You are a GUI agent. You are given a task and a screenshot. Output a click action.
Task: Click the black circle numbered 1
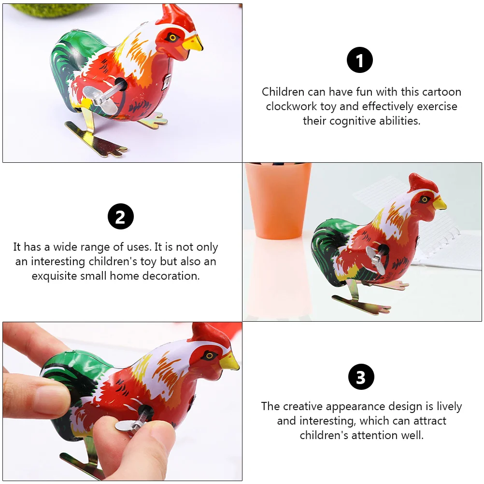359,60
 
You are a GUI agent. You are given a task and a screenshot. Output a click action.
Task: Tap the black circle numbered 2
121,216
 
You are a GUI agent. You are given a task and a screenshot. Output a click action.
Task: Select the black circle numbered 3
361,377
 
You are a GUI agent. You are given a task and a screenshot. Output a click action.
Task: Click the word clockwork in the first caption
291,106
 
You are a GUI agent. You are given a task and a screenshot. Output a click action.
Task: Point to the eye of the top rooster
172,38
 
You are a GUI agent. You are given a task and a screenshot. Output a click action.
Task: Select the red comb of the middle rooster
422,183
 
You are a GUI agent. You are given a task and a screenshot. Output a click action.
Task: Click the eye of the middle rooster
425,199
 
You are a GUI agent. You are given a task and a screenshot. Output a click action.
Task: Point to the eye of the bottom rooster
210,356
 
